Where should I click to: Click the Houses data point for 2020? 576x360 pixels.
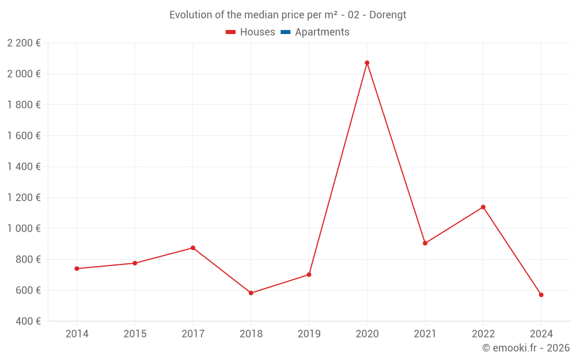[x=367, y=63]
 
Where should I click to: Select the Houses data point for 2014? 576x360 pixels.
[x=77, y=268]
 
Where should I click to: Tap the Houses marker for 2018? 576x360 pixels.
[x=251, y=293]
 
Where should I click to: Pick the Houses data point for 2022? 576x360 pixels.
[x=483, y=207]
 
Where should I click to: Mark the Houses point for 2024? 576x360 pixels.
[x=541, y=295]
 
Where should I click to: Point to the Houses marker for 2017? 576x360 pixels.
[x=193, y=248]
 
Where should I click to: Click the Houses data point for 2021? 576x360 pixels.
[x=425, y=243]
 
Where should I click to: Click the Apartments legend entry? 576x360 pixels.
[x=322, y=32]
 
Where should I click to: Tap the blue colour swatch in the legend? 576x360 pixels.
[x=285, y=32]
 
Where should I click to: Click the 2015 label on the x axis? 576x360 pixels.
[x=135, y=334]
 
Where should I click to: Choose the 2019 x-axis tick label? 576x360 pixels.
[x=309, y=334]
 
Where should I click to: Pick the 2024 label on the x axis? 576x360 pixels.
[x=541, y=334]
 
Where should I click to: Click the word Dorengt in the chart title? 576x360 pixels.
[x=388, y=15]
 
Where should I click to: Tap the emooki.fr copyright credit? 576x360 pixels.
[x=525, y=348]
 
